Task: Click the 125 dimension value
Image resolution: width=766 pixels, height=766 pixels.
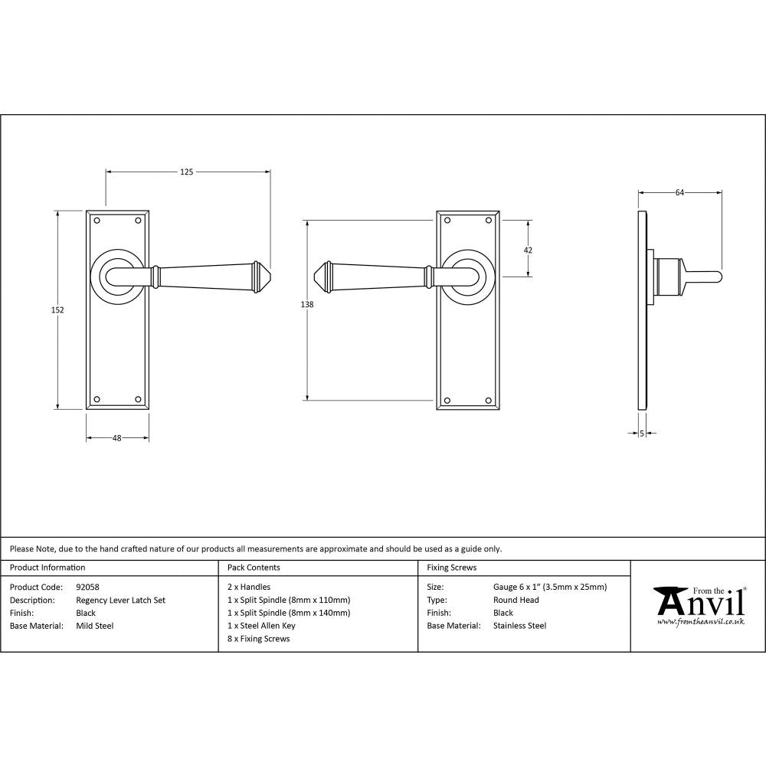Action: click(x=186, y=172)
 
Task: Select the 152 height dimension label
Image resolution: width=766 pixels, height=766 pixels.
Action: click(x=57, y=310)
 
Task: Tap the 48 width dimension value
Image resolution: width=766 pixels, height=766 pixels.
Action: click(x=117, y=438)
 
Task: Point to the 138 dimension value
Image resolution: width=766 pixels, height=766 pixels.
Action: click(x=307, y=305)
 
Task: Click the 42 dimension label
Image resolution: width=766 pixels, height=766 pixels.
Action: click(x=528, y=250)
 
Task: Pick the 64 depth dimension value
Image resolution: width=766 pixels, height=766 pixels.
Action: click(x=679, y=193)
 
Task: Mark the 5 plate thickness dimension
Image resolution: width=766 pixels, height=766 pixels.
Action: click(x=641, y=434)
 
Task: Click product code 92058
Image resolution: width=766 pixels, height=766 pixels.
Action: click(x=88, y=588)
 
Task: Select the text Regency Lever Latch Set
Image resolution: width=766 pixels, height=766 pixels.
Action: click(x=120, y=601)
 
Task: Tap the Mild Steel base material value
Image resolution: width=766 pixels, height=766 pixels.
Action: click(x=95, y=626)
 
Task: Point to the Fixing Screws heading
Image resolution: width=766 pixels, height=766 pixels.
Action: click(x=451, y=568)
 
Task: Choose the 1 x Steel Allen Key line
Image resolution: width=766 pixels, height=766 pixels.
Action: click(x=261, y=626)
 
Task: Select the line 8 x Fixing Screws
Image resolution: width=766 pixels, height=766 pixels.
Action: click(x=259, y=639)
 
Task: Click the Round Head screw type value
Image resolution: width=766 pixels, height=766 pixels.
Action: click(x=516, y=601)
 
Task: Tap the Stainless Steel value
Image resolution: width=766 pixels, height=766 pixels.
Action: click(x=520, y=626)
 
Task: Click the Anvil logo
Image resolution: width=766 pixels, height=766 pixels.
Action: click(x=699, y=605)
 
